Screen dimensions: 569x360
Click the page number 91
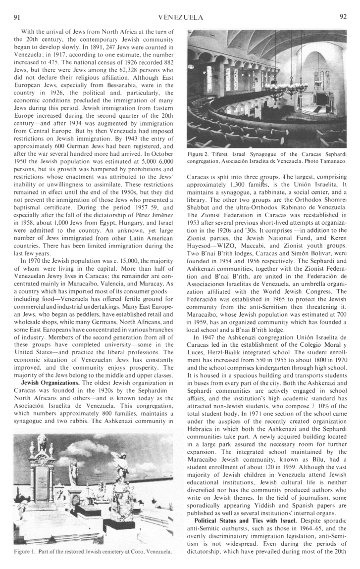pyautogui.click(x=16, y=17)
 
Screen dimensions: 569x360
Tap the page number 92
pyautogui.click(x=343, y=17)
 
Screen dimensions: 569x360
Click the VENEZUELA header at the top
pyautogui.click(x=180, y=17)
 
